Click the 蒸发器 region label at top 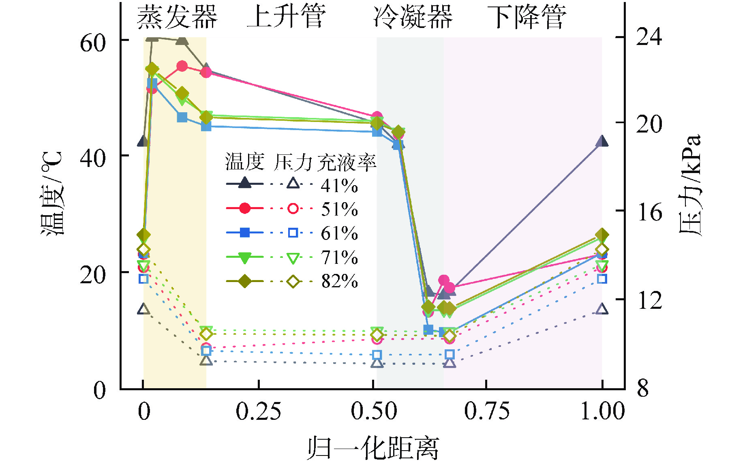pos(177,17)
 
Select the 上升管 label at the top pos(286,17)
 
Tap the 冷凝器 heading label pos(413,17)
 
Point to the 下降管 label pos(526,17)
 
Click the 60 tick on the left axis pos(93,42)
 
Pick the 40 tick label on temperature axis pos(93,158)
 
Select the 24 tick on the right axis pos(649,36)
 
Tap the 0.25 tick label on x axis pos(258,411)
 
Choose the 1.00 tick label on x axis pos(602,411)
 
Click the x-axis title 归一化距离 pos(372,448)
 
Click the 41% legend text pos(340,186)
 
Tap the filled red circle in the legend pos(245,208)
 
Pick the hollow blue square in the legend pos(293,233)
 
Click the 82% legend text pos(340,281)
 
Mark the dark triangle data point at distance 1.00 pos(602,141)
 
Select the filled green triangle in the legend pos(245,257)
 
